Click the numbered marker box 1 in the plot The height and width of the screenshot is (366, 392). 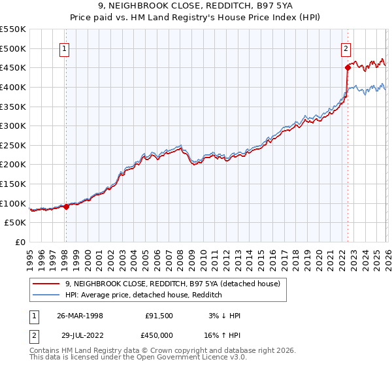tap(65, 48)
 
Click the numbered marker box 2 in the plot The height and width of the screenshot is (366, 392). tap(345, 48)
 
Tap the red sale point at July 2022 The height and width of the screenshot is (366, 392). tap(348, 67)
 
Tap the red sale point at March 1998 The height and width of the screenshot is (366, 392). tap(66, 207)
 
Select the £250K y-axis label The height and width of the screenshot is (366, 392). tap(14, 145)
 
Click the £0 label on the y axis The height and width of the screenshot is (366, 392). tap(20, 242)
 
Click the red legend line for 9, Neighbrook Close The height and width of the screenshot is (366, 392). tap(46, 284)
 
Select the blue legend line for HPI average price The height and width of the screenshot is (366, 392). tap(46, 295)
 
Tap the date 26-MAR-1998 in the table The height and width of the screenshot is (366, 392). tap(80, 316)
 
